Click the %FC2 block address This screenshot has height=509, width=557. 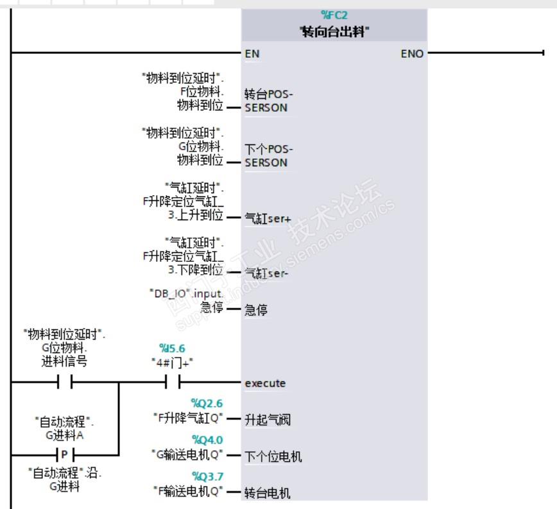click(334, 15)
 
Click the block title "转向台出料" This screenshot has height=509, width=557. click(334, 31)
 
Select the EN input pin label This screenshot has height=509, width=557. click(252, 54)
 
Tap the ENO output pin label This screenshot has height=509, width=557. click(412, 54)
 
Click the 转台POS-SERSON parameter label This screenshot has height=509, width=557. click(266, 101)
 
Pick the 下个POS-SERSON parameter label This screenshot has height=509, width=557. click(266, 156)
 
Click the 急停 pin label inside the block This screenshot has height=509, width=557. click(256, 311)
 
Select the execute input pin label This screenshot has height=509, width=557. click(265, 383)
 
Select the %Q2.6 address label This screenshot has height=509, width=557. click(207, 403)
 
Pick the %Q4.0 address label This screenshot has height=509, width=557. click(207, 440)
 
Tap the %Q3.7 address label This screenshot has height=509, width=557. click(207, 476)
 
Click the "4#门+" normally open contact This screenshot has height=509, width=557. click(172, 383)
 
